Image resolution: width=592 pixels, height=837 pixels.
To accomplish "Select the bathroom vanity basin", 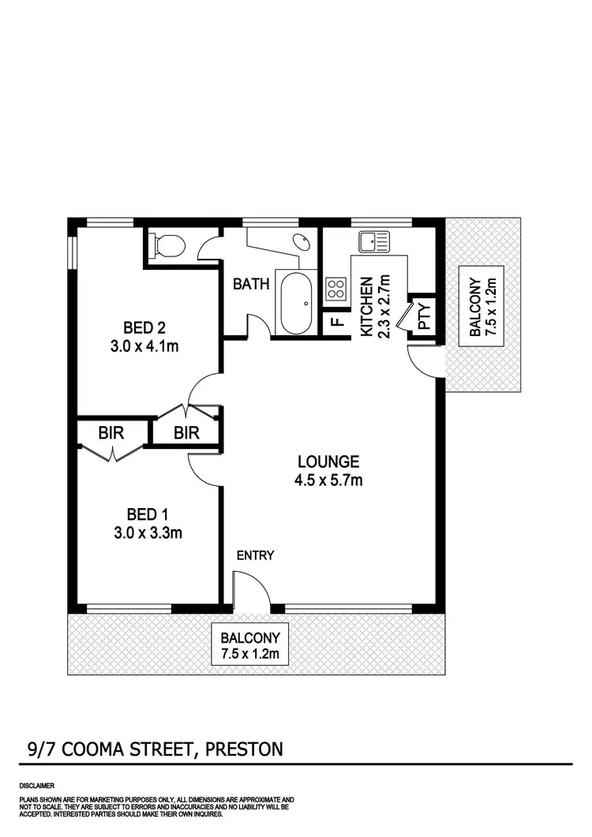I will (x=301, y=242).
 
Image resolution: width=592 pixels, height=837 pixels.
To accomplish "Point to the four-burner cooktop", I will (x=335, y=290).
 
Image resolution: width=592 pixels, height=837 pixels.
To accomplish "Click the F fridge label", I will (x=335, y=323).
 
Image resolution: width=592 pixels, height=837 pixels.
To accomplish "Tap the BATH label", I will (x=252, y=283).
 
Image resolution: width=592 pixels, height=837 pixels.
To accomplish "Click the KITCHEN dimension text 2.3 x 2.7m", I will (x=384, y=306).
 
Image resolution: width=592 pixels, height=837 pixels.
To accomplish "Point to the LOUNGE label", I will (x=328, y=461).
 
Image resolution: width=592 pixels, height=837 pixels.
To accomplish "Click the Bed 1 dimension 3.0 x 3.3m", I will (x=148, y=532).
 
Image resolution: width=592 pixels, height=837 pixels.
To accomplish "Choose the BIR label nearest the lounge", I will (x=186, y=432).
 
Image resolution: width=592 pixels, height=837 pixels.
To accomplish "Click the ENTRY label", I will (x=255, y=555).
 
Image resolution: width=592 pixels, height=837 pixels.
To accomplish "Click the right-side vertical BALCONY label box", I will (x=481, y=307).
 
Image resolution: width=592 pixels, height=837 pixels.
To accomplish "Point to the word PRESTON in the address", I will (x=243, y=749).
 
